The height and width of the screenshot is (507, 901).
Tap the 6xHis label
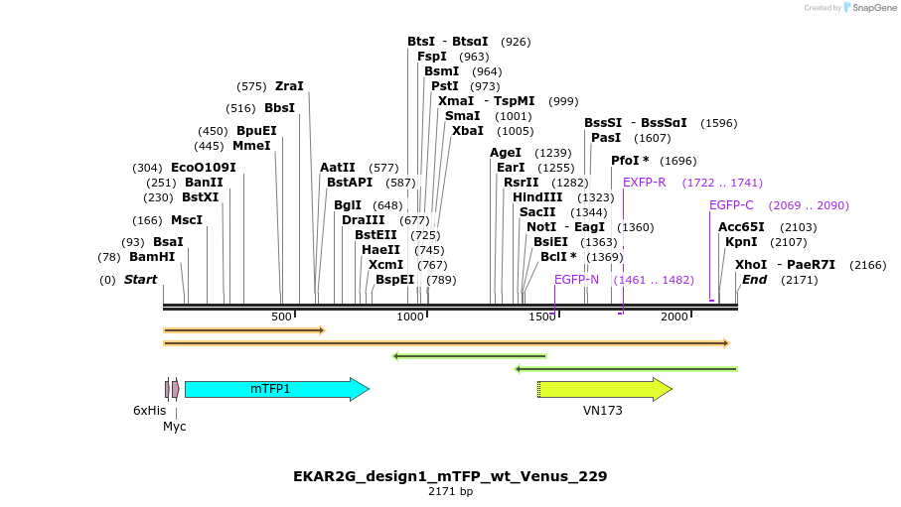coord(149,410)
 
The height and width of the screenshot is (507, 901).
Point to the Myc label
coord(175,427)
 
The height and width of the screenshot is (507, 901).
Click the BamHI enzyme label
coord(152,256)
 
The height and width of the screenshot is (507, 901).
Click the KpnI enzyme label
coord(741,242)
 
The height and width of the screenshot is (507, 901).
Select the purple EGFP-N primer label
coord(576,280)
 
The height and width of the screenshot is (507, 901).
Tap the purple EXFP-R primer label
coord(644,183)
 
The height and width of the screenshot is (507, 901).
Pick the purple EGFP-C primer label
coord(731,205)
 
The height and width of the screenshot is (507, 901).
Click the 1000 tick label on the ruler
coord(410,317)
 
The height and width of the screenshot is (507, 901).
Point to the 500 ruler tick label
coord(282,317)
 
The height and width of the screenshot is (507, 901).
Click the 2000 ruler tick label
coord(674,317)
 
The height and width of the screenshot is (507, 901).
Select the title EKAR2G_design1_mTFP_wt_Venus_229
coord(450,476)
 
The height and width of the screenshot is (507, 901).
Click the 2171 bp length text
coord(450,492)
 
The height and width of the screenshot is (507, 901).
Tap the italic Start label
coord(140,280)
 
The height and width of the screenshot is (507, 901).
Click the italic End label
coord(754,280)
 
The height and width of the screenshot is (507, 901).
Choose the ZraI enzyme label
coord(289,86)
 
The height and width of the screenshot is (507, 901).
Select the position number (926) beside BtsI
coord(516,42)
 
